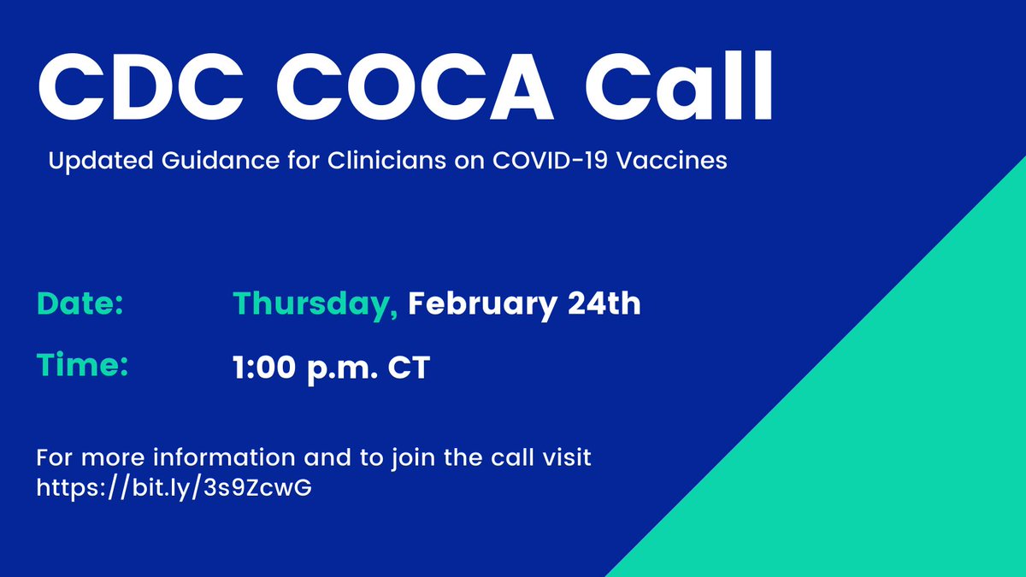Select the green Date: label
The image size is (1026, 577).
80,304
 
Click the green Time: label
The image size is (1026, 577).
82,367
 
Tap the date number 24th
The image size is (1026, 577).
608,304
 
